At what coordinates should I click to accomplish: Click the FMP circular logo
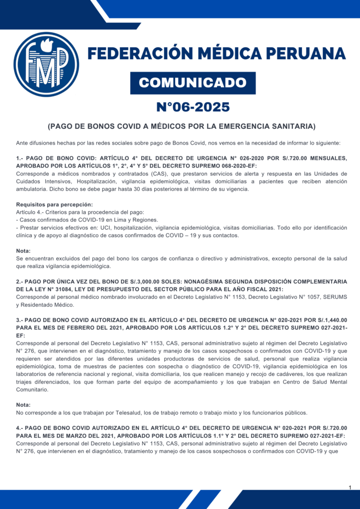click(46, 64)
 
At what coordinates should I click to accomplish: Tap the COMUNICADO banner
click(193, 83)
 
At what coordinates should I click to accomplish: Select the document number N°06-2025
click(193, 107)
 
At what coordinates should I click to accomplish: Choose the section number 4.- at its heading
click(20, 427)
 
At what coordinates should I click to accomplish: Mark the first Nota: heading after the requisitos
click(23, 251)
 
